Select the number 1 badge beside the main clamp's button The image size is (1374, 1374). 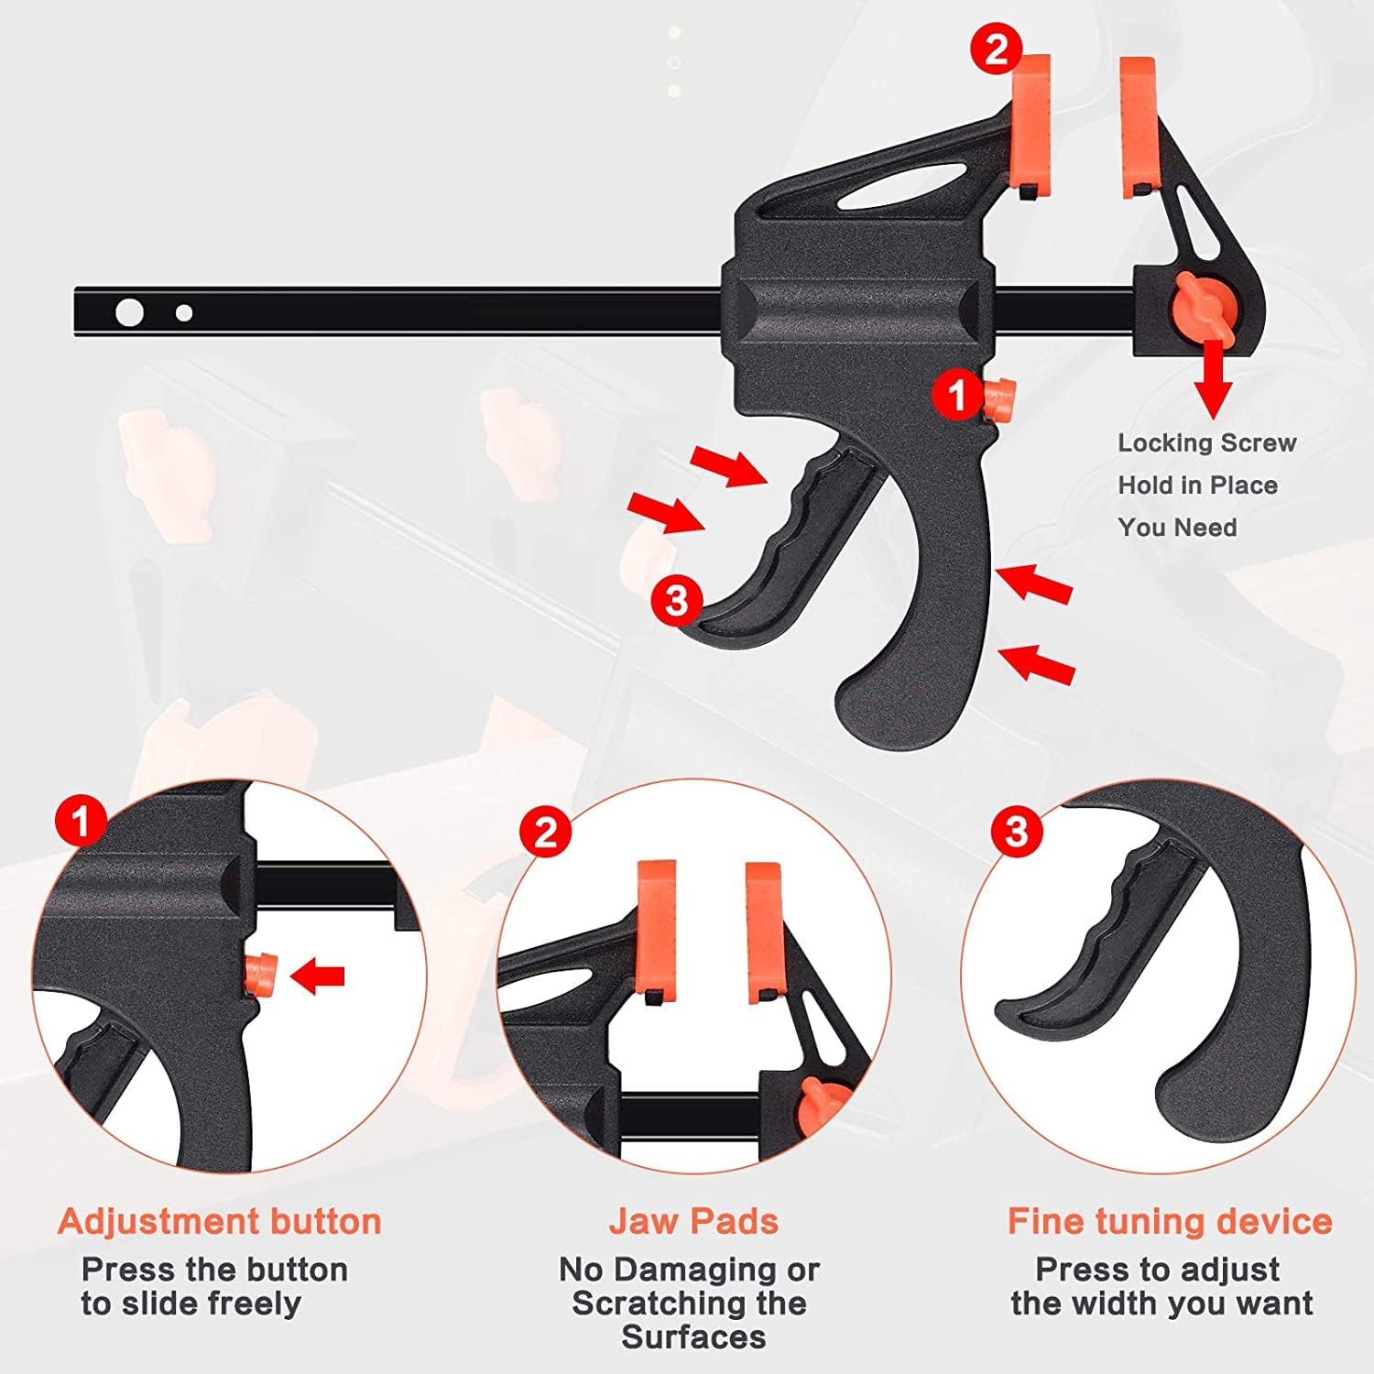(957, 396)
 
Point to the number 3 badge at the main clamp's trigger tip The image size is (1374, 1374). (676, 601)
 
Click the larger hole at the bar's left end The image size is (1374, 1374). (130, 312)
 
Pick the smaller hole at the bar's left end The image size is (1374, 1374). (184, 313)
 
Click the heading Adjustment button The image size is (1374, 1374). (219, 1221)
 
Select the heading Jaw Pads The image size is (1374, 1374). (693, 1221)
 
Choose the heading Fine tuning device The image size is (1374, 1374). (1169, 1221)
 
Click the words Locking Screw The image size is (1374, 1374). (1206, 442)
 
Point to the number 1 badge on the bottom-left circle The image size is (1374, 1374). (81, 820)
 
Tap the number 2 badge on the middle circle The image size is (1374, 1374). (545, 833)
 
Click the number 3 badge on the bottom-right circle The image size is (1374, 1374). (1017, 832)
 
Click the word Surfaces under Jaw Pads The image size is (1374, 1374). (693, 1337)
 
